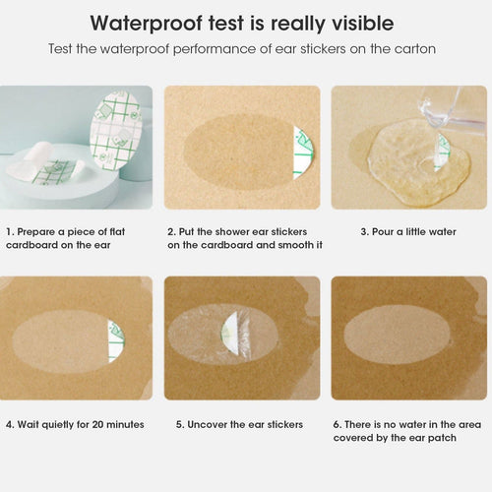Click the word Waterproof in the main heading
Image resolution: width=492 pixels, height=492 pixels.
(x=146, y=24)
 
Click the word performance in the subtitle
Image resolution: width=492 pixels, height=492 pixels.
(x=215, y=49)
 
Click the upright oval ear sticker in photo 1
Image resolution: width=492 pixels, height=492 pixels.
(x=115, y=131)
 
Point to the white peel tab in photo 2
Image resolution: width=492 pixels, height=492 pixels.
(x=302, y=153)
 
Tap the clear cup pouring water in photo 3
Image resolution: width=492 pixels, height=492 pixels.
(x=453, y=110)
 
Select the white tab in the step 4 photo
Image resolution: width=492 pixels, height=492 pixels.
(x=116, y=341)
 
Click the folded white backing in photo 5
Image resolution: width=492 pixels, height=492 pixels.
(x=230, y=334)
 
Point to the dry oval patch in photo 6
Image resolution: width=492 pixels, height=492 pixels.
(x=398, y=337)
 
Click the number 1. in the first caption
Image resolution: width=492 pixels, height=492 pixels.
(x=10, y=232)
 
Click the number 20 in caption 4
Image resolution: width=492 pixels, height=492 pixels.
(x=97, y=425)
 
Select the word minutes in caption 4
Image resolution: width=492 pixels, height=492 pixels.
(x=125, y=425)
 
